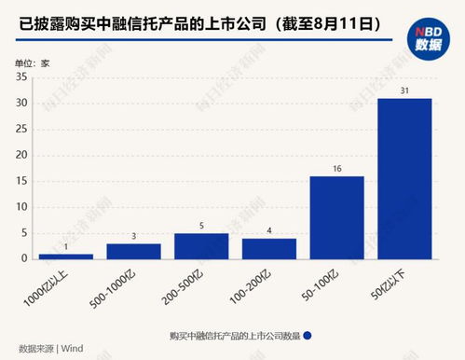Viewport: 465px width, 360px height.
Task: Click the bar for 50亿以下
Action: pyautogui.click(x=404, y=178)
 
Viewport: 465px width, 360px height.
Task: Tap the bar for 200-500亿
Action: pyautogui.click(x=201, y=245)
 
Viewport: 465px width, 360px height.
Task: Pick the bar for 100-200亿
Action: pyautogui.click(x=269, y=248)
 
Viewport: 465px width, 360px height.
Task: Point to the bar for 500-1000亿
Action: pyautogui.click(x=133, y=251)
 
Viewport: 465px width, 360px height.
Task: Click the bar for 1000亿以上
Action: pyautogui.click(x=65, y=256)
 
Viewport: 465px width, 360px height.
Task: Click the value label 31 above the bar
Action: pyautogui.click(x=404, y=90)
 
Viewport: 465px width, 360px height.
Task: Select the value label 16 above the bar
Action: pyautogui.click(x=336, y=168)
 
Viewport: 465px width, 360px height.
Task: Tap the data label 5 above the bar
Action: pyautogui.click(x=201, y=225)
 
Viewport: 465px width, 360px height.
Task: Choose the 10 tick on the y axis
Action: pyautogui.click(x=21, y=207)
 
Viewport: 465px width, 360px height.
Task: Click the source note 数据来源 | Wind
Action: pyautogui.click(x=48, y=349)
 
